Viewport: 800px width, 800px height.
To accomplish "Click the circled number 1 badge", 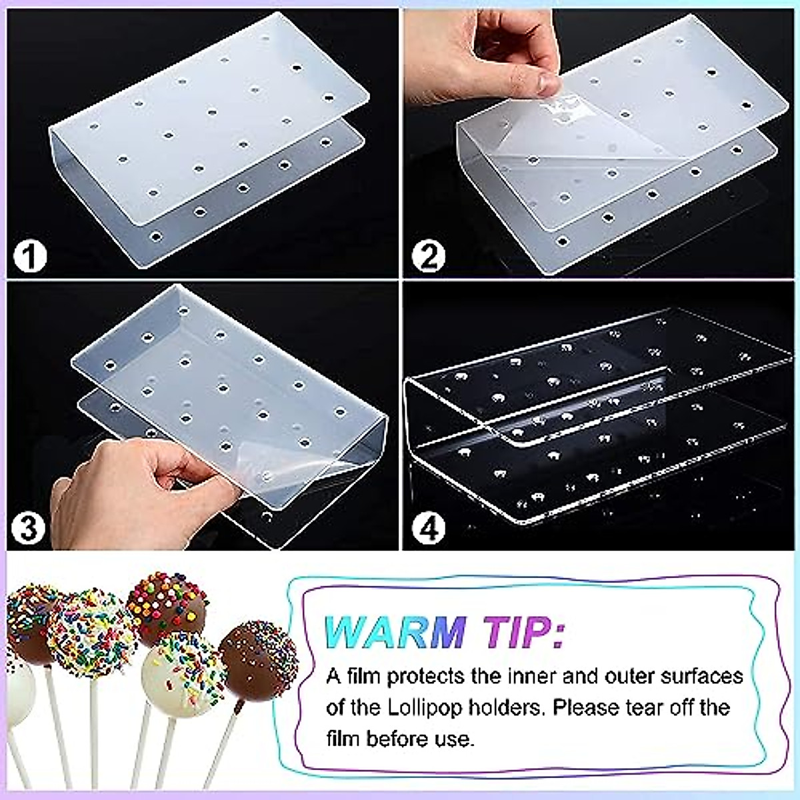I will pos(29,257).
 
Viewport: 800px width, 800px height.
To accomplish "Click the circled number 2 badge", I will pos(428,257).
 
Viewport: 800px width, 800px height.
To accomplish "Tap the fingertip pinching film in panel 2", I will pos(547,83).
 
